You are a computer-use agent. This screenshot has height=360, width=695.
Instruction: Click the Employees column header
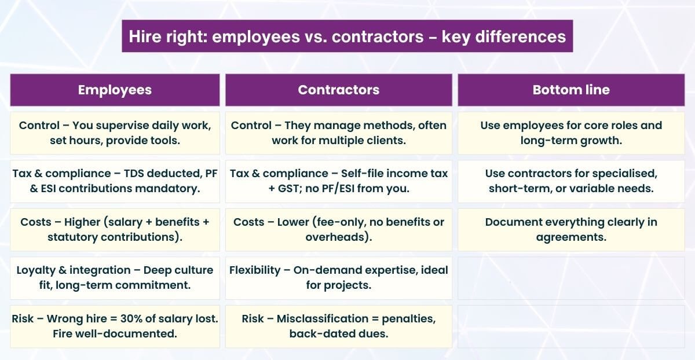[x=115, y=90]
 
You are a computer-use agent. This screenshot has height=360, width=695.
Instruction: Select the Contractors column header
[x=338, y=90]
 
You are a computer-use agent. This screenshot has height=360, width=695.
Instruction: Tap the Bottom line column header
[x=570, y=90]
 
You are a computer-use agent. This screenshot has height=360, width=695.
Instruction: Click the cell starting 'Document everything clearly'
[x=570, y=229]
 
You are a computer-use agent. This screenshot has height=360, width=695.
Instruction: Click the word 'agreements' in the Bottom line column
[x=570, y=237]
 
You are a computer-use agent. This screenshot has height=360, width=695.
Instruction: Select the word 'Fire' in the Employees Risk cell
[x=63, y=333]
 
